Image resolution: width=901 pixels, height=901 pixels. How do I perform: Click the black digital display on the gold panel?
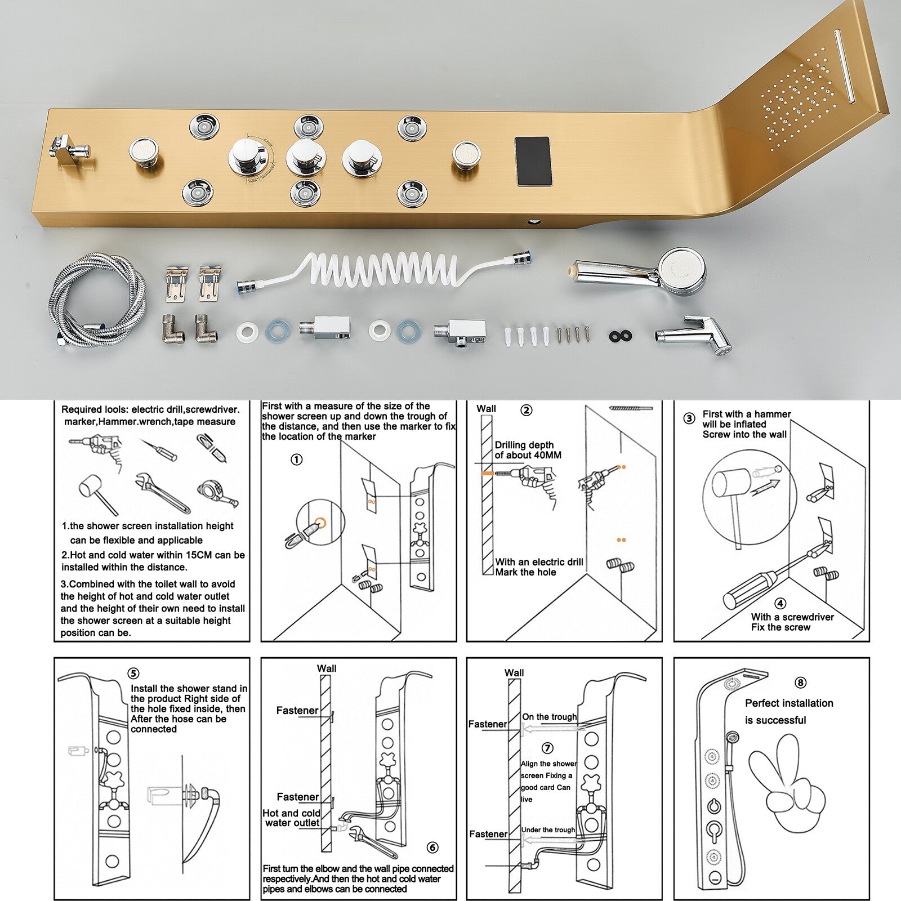(533, 161)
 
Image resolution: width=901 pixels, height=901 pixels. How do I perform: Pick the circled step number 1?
(296, 460)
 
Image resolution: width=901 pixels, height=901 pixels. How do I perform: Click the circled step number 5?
(133, 673)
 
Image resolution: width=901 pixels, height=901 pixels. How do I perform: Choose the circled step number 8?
(800, 683)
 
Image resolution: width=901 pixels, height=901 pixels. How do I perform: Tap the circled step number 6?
(432, 848)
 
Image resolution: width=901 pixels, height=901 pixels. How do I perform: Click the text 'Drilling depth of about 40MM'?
(528, 450)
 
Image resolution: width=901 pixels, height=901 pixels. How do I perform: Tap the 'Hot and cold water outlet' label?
(291, 818)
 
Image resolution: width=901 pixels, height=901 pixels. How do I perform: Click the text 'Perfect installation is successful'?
(788, 711)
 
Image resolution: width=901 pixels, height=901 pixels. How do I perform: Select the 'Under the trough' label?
(548, 829)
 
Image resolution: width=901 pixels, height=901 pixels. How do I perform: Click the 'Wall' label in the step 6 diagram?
(327, 668)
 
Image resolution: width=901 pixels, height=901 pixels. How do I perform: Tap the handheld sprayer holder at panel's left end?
(69, 151)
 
